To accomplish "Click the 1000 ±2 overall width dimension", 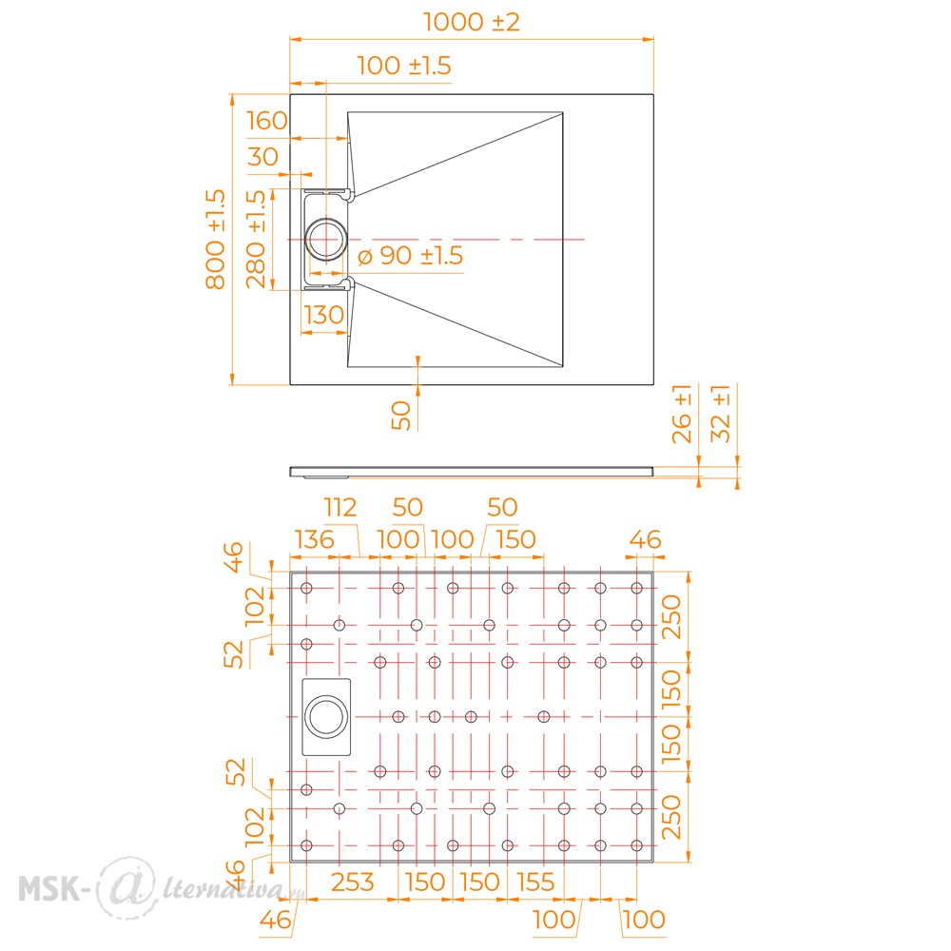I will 473,22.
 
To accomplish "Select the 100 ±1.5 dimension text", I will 403,66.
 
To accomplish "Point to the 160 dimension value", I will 266,121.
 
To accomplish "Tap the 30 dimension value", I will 262,157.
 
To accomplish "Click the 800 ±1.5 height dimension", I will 216,239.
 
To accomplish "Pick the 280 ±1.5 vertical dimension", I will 257,239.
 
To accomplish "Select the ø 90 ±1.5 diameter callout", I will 410,256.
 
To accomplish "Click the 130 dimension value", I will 323,315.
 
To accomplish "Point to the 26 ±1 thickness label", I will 681,414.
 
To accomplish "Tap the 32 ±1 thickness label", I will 721,414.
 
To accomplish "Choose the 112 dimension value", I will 340,507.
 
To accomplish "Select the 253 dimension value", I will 352,882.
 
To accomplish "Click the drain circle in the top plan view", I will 327,238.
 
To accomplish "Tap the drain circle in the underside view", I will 327,716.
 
